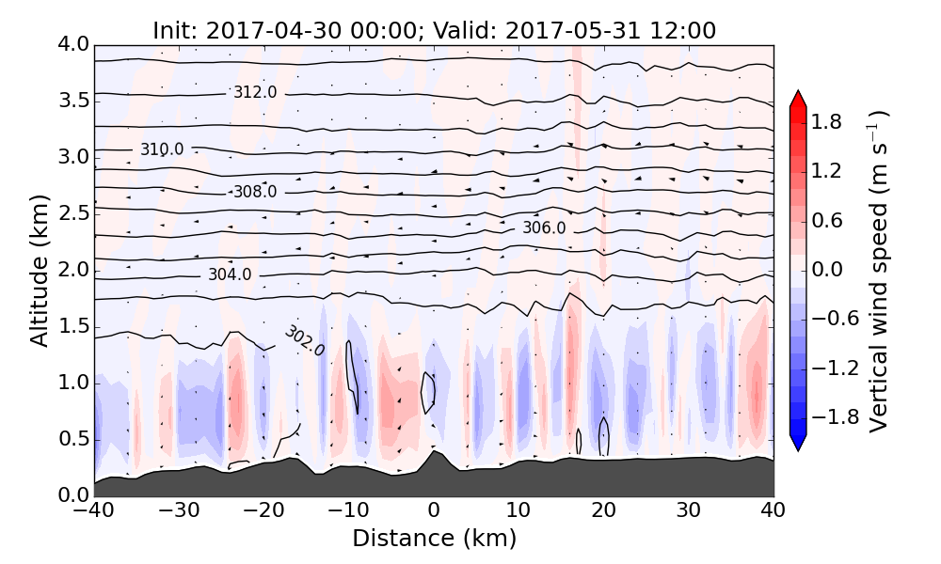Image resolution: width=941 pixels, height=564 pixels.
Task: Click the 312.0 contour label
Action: point(255,92)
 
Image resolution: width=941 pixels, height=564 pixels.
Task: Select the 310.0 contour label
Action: point(162,149)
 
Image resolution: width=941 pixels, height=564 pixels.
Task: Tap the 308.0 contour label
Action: point(255,192)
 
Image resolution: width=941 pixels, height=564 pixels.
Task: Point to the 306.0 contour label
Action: point(544,227)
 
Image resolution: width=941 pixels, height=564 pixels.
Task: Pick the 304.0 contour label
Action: point(230,274)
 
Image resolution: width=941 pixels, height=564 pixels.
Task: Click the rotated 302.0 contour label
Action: point(304,341)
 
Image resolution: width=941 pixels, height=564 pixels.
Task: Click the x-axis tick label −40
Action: point(94,511)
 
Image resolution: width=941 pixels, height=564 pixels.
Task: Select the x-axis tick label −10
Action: point(348,511)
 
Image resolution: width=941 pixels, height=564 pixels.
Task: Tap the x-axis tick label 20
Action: point(603,511)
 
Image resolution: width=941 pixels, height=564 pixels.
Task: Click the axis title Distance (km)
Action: point(434,539)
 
